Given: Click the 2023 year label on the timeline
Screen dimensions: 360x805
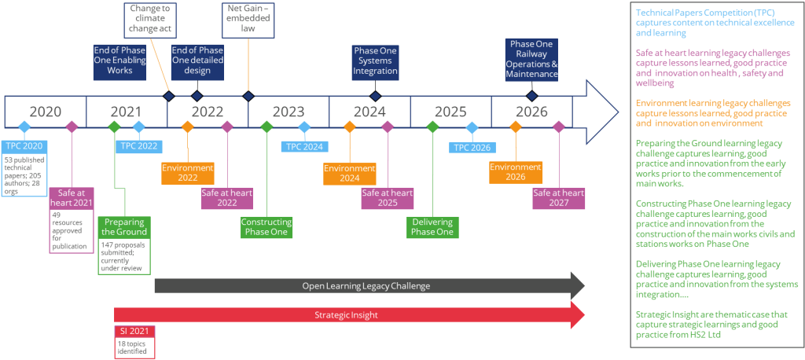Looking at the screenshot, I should (289, 112).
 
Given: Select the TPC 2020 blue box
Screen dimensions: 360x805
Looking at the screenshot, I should (23, 145).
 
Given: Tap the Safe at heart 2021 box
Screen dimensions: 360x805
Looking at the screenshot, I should (72, 197).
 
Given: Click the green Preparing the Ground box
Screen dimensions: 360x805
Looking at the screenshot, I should (122, 227).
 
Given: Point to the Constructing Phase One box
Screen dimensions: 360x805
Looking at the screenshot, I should (266, 227).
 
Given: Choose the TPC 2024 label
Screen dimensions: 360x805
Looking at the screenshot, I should (304, 145).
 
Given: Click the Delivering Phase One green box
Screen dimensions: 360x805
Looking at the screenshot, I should (432, 227).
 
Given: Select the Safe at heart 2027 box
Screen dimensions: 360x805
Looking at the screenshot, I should (558, 198).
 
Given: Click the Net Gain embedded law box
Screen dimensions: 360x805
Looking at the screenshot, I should (248, 19).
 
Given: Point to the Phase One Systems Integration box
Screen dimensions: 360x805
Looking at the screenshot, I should (376, 61).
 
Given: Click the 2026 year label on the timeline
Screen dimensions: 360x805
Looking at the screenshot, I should (531, 112).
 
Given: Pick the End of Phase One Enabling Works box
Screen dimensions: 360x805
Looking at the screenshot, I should (119, 61).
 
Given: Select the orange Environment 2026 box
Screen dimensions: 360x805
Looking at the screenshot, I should (515, 171).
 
